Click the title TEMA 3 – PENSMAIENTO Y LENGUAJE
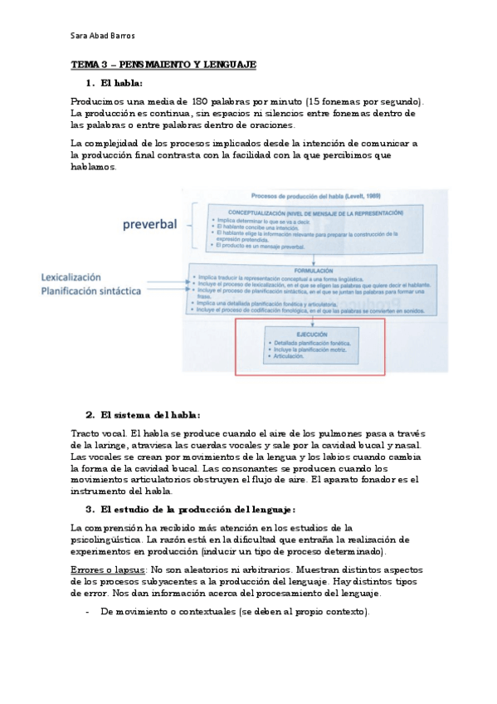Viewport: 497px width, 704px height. (x=163, y=64)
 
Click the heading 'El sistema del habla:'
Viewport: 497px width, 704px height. (x=149, y=414)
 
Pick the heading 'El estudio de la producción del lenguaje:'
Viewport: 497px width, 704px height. (x=197, y=509)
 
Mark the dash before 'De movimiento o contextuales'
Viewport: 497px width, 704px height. (x=88, y=612)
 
